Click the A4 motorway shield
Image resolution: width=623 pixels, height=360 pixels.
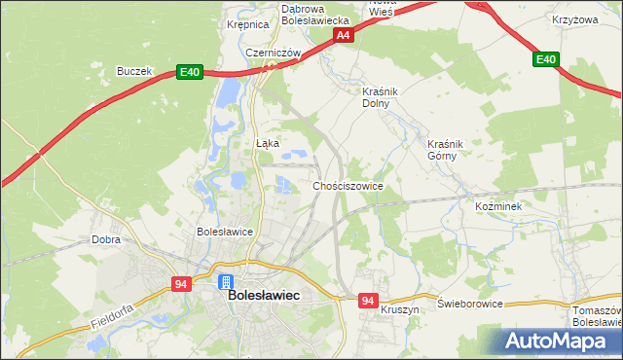[x=343, y=35]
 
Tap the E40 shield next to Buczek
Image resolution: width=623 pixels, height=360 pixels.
[x=190, y=72]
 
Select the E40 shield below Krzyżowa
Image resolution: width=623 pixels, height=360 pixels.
[x=546, y=60]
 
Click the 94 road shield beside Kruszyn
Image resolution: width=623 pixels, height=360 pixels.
[x=367, y=302]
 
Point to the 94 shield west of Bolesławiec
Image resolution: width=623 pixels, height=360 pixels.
[x=182, y=283]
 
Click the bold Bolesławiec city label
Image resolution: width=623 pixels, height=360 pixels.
[x=263, y=294]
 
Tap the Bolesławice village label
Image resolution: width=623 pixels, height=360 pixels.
[x=225, y=232]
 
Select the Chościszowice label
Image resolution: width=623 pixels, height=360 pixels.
[x=348, y=185]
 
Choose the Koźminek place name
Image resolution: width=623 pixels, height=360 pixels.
[x=498, y=207]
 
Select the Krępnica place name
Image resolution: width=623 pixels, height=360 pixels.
[x=246, y=25]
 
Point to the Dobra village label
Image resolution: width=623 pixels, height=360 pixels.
[x=105, y=238]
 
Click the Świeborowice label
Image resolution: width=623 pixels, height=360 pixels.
[x=470, y=304]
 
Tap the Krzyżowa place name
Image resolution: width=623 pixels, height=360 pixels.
[x=574, y=19]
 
